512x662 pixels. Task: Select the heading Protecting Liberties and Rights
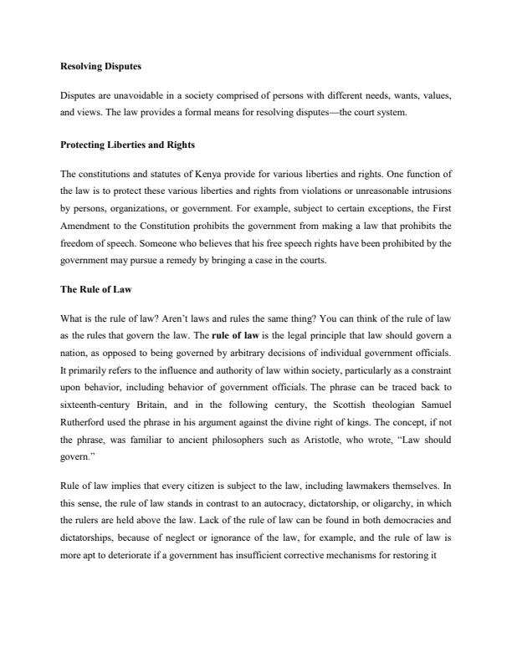click(x=128, y=145)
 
